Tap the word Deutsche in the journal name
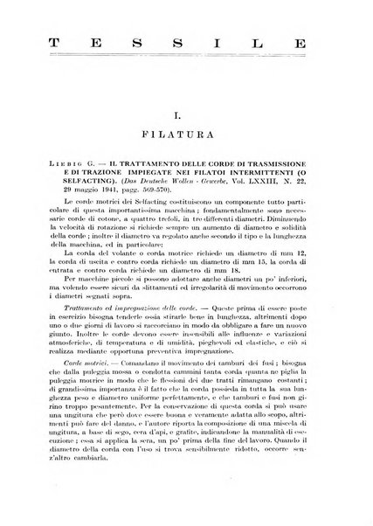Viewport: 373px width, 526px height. tap(185, 195)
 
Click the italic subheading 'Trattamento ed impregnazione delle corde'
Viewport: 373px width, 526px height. tap(121, 336)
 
